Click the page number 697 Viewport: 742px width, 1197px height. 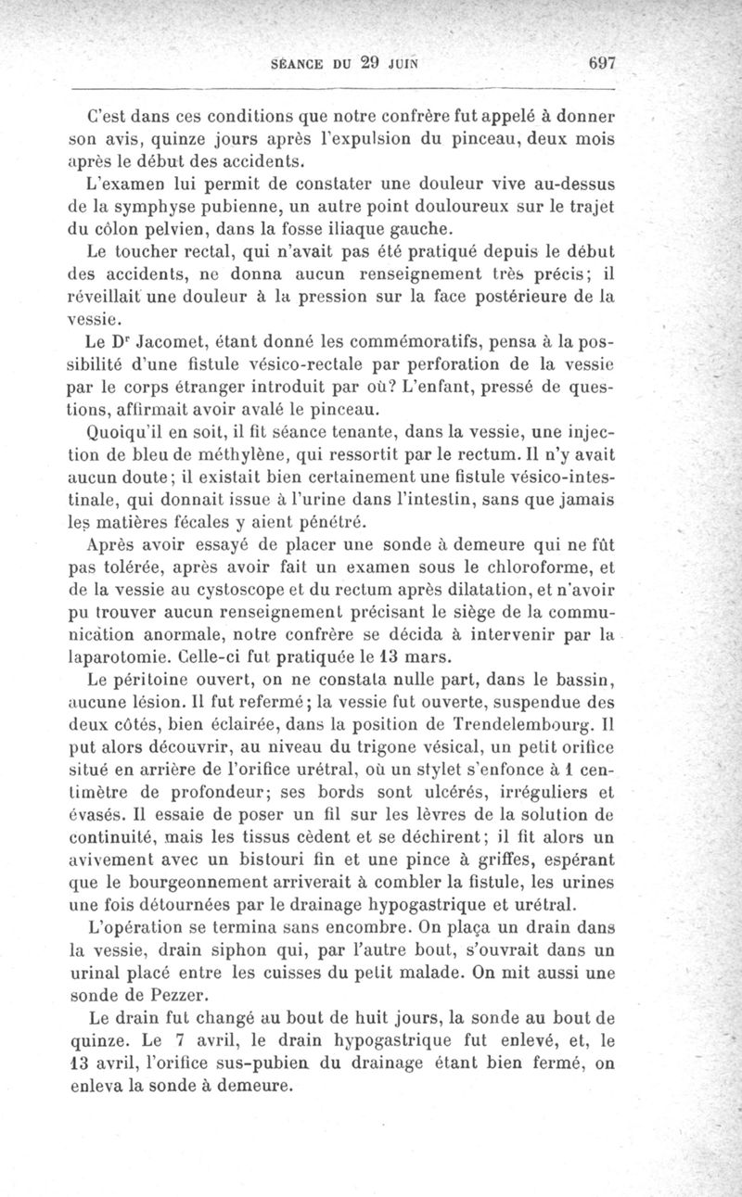click(602, 64)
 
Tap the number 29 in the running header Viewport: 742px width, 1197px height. click(371, 64)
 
